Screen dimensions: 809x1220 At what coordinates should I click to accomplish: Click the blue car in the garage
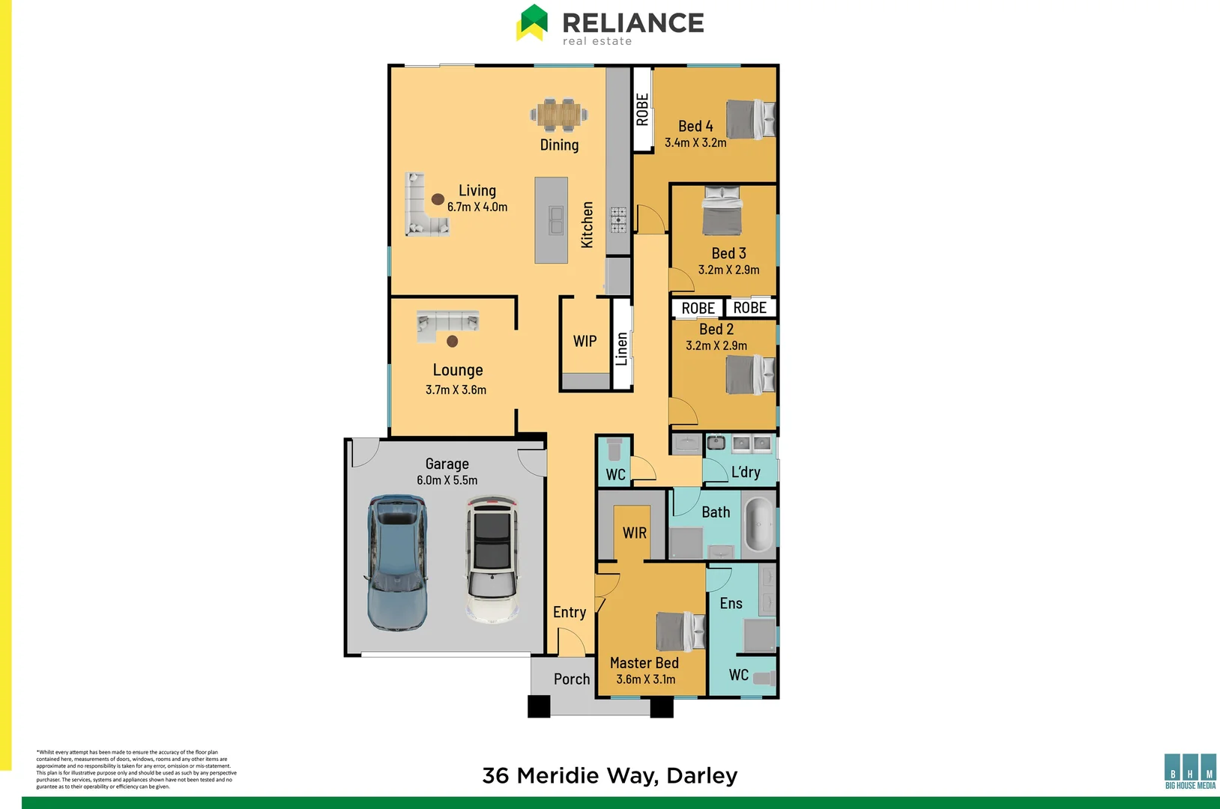(397, 562)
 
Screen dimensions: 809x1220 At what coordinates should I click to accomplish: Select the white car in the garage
(492, 558)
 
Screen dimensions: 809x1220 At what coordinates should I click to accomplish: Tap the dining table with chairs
(559, 115)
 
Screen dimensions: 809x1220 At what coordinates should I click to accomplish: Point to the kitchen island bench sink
(556, 220)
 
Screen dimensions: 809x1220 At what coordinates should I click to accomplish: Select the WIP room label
(585, 342)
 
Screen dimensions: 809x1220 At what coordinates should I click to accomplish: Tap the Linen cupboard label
(621, 349)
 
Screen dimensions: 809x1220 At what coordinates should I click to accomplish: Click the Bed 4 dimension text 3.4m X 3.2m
(695, 142)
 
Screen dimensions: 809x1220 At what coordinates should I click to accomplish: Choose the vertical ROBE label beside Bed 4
(642, 109)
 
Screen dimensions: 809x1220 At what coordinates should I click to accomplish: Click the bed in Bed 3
(722, 211)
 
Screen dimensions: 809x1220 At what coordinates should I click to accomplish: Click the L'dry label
(746, 472)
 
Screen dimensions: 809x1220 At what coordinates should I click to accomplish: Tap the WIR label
(634, 533)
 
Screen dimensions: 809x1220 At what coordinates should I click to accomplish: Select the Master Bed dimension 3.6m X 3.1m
(645, 679)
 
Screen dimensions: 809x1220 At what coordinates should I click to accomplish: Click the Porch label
(572, 679)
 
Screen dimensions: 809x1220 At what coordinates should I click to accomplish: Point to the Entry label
(570, 612)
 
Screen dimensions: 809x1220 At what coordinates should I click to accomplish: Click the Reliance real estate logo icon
(532, 22)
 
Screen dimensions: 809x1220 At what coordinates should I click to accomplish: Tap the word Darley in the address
(702, 776)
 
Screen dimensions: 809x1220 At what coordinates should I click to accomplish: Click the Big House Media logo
(1190, 772)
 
